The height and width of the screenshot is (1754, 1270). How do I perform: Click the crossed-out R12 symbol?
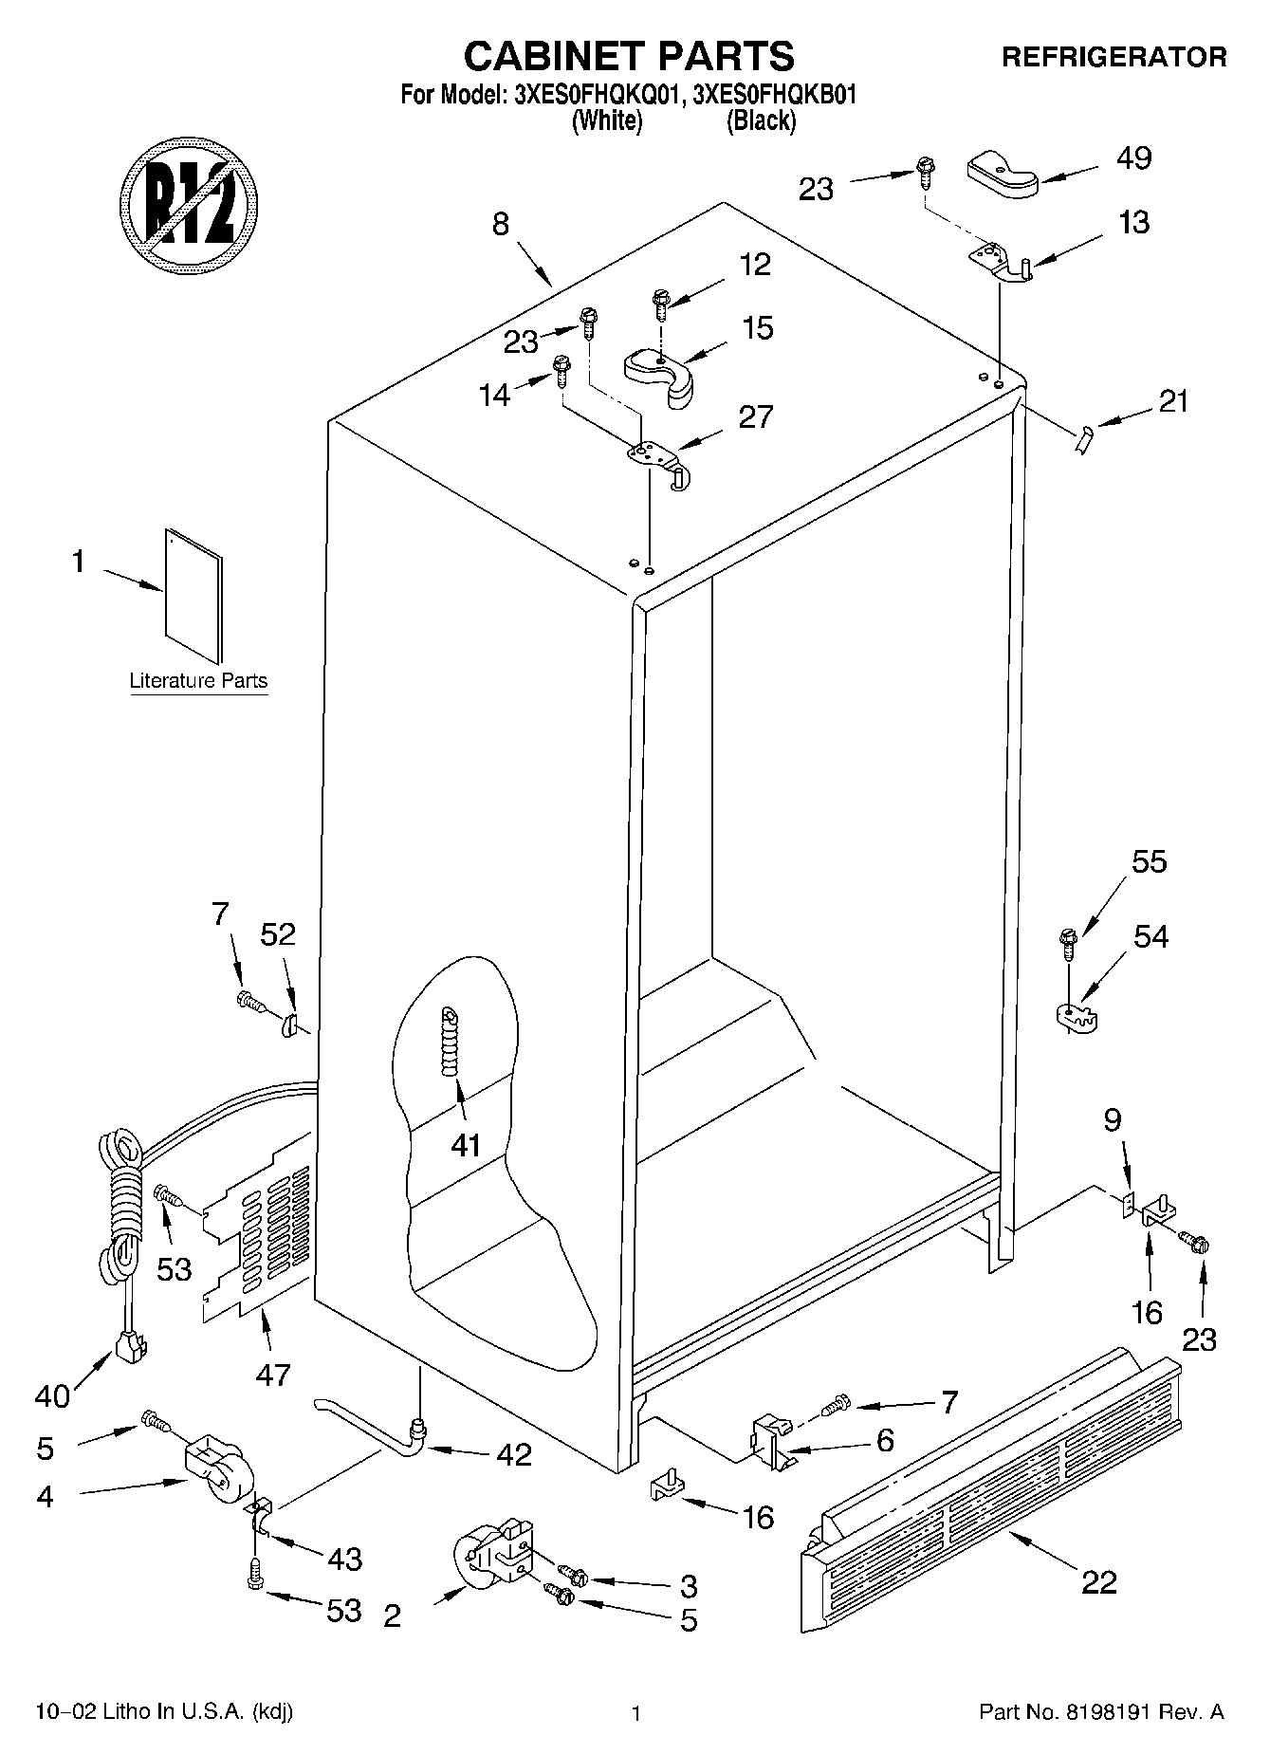[190, 202]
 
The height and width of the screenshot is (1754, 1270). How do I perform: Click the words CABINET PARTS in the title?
[629, 57]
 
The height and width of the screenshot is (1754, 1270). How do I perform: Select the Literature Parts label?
[198, 681]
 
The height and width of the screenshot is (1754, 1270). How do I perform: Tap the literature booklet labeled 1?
[193, 595]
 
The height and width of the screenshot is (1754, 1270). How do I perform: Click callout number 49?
[1134, 157]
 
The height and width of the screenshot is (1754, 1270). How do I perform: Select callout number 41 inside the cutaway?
[466, 1146]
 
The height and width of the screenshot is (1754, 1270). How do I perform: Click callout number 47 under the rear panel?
[272, 1374]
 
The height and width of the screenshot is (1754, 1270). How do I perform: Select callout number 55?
[1149, 862]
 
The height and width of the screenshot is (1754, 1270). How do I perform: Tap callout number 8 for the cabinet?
[501, 225]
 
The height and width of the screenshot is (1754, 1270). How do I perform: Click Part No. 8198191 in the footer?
[1100, 1712]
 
